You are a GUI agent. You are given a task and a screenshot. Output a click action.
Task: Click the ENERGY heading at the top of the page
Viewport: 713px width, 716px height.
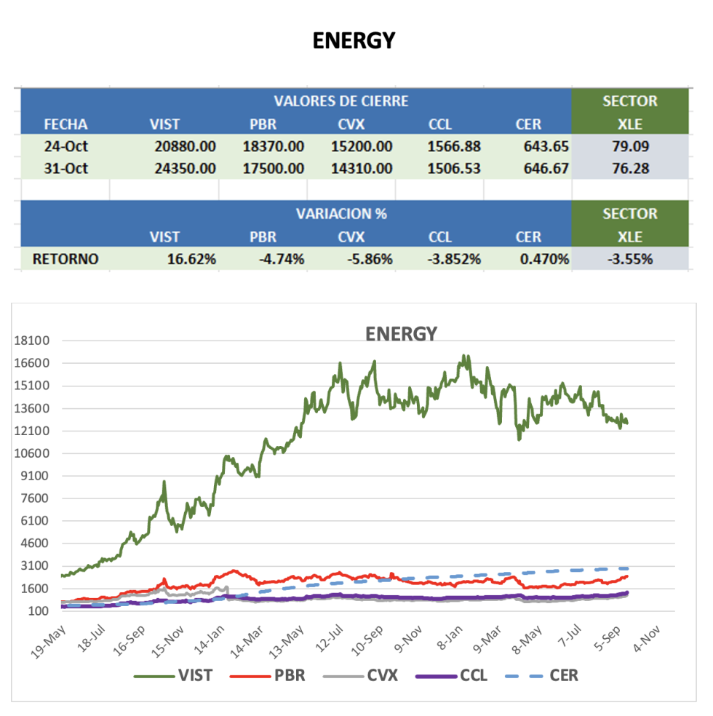tap(354, 41)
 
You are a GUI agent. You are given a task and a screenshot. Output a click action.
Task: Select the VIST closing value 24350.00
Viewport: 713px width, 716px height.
tap(185, 169)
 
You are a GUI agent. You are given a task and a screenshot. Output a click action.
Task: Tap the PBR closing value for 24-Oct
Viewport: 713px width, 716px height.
tap(273, 146)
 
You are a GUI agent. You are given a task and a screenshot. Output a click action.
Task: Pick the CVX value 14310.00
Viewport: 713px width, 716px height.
tap(362, 169)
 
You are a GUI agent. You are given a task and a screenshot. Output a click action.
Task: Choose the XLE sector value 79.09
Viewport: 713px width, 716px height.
tap(630, 146)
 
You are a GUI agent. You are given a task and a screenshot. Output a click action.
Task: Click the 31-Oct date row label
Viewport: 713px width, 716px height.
tap(65, 169)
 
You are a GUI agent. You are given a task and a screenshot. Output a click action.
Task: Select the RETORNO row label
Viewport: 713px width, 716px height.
tap(65, 259)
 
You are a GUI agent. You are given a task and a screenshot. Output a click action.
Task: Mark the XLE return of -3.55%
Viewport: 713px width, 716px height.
tap(630, 259)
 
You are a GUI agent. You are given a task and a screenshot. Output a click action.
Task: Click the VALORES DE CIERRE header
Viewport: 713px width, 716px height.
tap(341, 101)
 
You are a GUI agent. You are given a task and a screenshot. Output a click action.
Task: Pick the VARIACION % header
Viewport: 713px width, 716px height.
tap(341, 214)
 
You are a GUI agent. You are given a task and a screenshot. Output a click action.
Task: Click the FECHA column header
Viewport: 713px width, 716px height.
tap(65, 124)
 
